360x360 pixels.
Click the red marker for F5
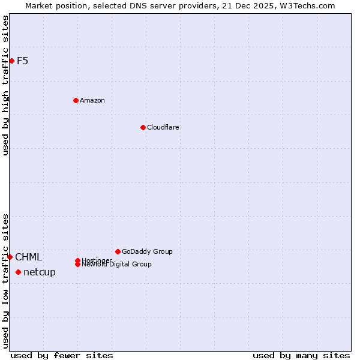pos(11,61)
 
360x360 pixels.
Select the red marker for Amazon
pos(76,100)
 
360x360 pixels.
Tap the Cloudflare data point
pos(143,127)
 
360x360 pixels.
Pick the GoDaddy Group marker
pos(118,251)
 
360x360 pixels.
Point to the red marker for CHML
pos(10,257)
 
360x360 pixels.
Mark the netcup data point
pos(18,272)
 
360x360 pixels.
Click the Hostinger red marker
pos(77,260)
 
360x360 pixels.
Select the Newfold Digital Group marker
pos(77,264)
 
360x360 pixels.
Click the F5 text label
pos(22,61)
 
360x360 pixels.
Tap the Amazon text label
pos(92,100)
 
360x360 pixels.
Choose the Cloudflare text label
pos(163,127)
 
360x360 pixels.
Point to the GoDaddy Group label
pos(147,251)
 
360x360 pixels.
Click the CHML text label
pos(29,257)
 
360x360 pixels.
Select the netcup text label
pos(40,272)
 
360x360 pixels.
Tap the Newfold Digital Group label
pos(118,265)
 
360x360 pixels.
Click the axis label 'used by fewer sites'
pos(62,355)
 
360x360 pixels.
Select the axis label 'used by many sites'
pos(301,355)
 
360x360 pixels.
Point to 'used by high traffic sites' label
pos(6,86)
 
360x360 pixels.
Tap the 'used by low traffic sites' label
pos(6,281)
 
